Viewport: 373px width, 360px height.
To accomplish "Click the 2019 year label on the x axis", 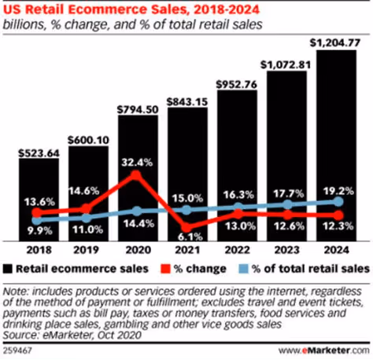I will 88,252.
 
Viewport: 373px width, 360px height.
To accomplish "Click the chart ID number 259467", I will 20,349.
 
